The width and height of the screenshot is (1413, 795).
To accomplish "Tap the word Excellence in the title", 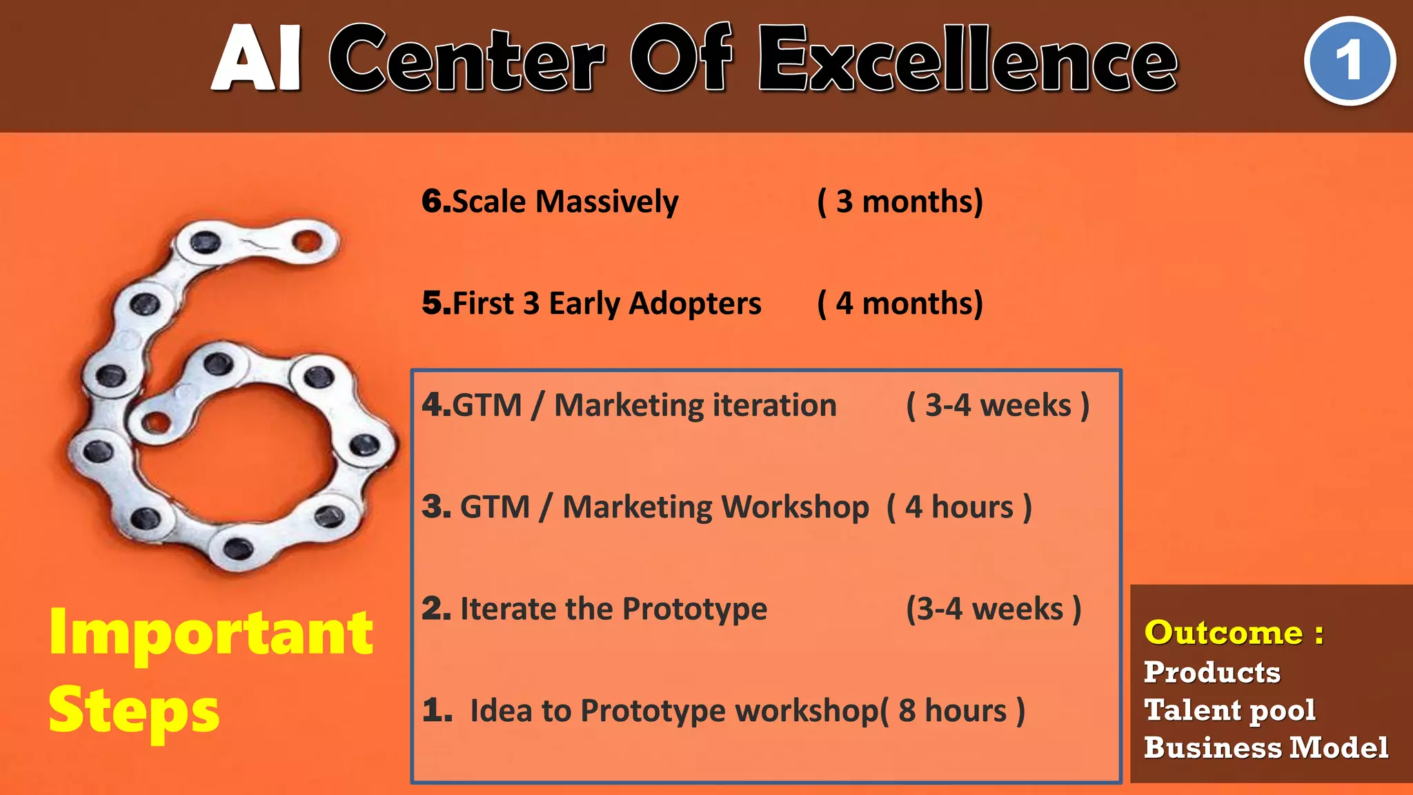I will pos(968,60).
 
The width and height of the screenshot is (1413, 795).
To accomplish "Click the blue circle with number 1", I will pos(1350,61).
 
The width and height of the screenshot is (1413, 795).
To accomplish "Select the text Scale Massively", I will pos(565,202).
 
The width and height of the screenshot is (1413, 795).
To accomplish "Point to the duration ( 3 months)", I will pos(900,202).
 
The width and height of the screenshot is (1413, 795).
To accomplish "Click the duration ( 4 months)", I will pos(900,304).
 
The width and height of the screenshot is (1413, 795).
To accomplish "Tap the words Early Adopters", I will pos(655,304).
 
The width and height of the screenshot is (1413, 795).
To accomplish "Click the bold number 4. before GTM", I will pos(435,405).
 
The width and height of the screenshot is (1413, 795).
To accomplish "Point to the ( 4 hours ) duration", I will pos(959,507).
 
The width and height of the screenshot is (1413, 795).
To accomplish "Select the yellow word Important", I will pos(211,634).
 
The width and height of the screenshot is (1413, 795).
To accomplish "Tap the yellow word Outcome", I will pos(1223,633).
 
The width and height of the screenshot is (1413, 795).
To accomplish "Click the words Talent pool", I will pos(1229,710).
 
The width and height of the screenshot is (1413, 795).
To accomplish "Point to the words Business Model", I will pos(1265,748).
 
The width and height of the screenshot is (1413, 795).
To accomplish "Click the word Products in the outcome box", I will pos(1212,672).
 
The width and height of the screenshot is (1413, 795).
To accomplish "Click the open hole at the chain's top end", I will pos(307,242).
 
